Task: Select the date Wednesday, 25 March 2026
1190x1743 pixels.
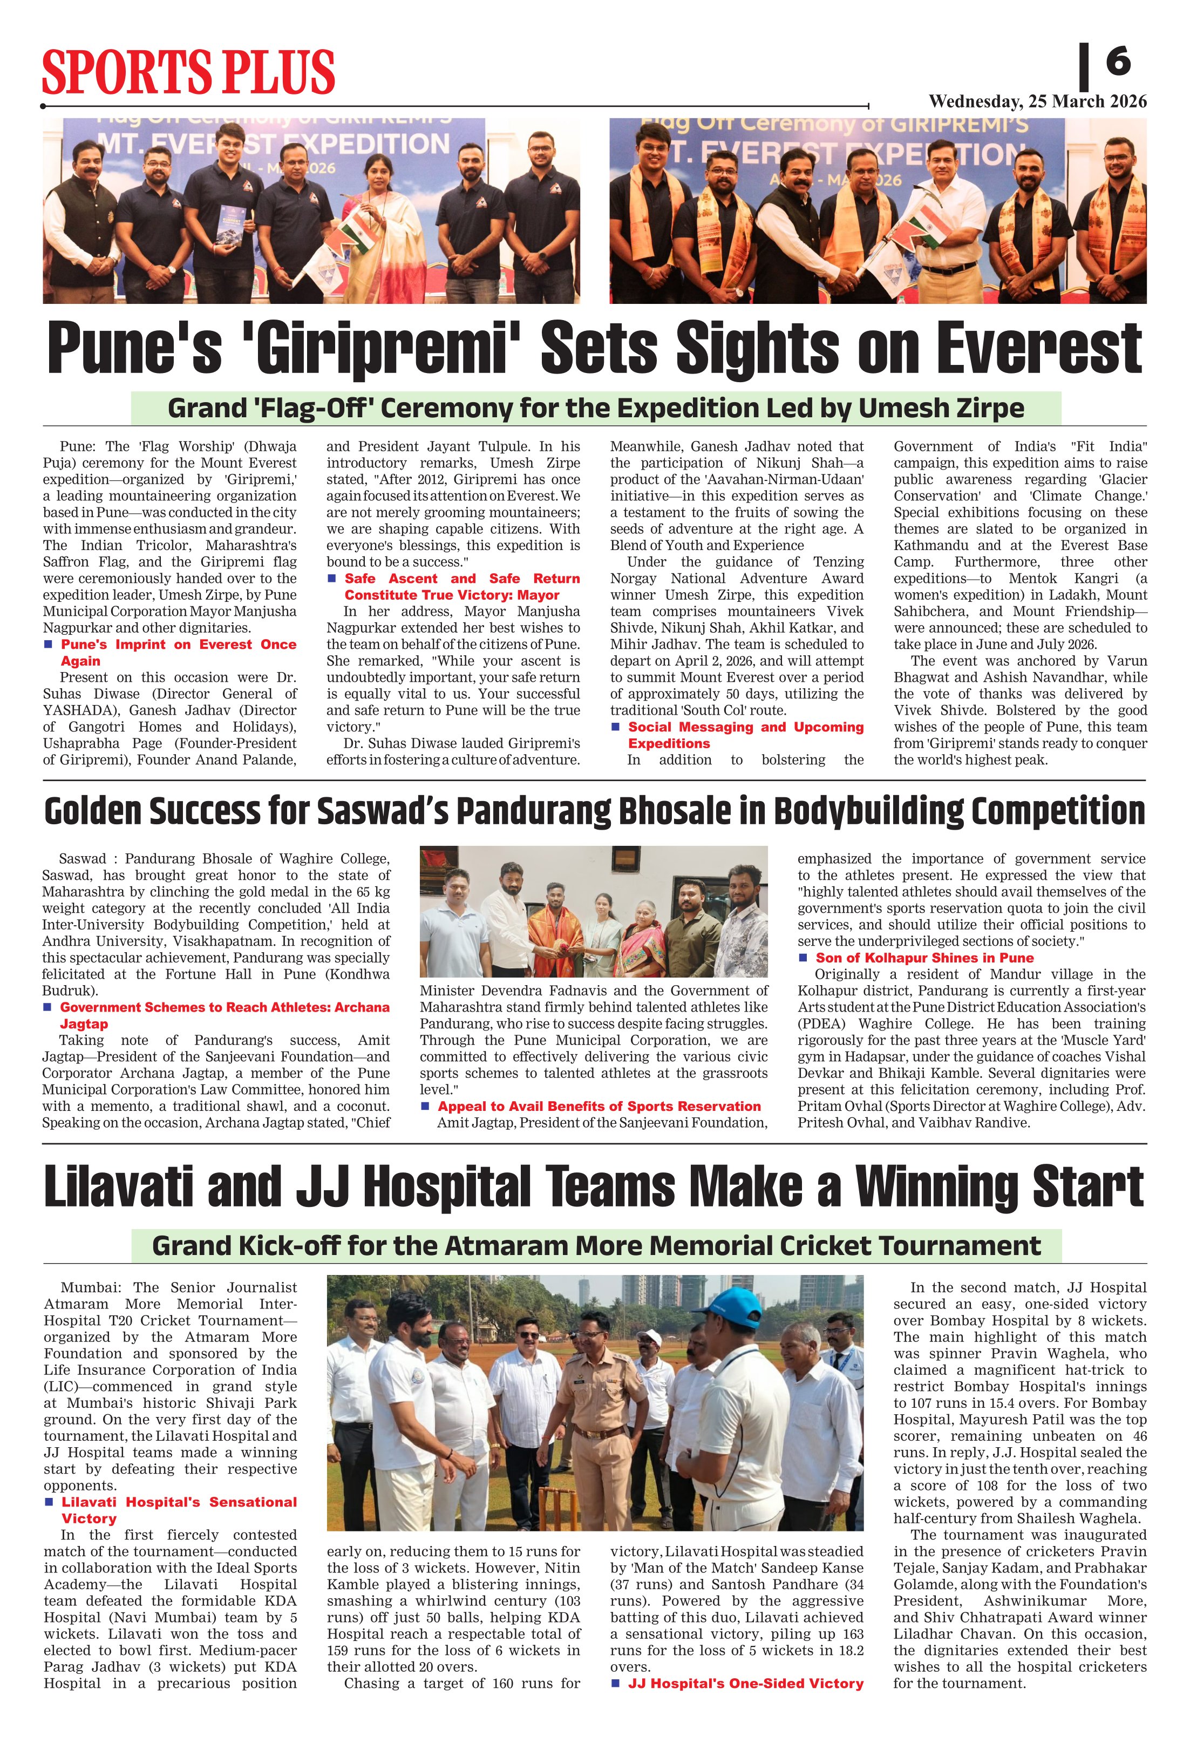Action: click(1037, 101)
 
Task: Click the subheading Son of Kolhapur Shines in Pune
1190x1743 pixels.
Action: click(924, 958)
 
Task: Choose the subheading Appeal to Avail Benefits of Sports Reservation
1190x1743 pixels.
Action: click(599, 1106)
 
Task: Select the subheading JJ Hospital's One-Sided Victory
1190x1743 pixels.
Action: click(745, 1684)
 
